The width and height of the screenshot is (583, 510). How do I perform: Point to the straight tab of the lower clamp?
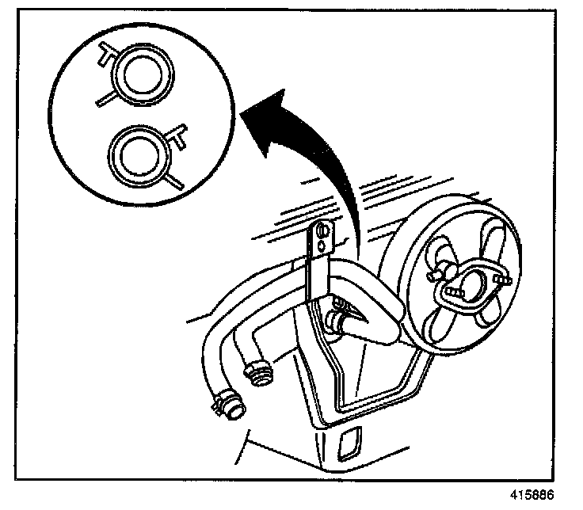click(176, 180)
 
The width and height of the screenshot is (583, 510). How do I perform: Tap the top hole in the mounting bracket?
click(320, 232)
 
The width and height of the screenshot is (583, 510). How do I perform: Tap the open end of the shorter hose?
click(257, 372)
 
